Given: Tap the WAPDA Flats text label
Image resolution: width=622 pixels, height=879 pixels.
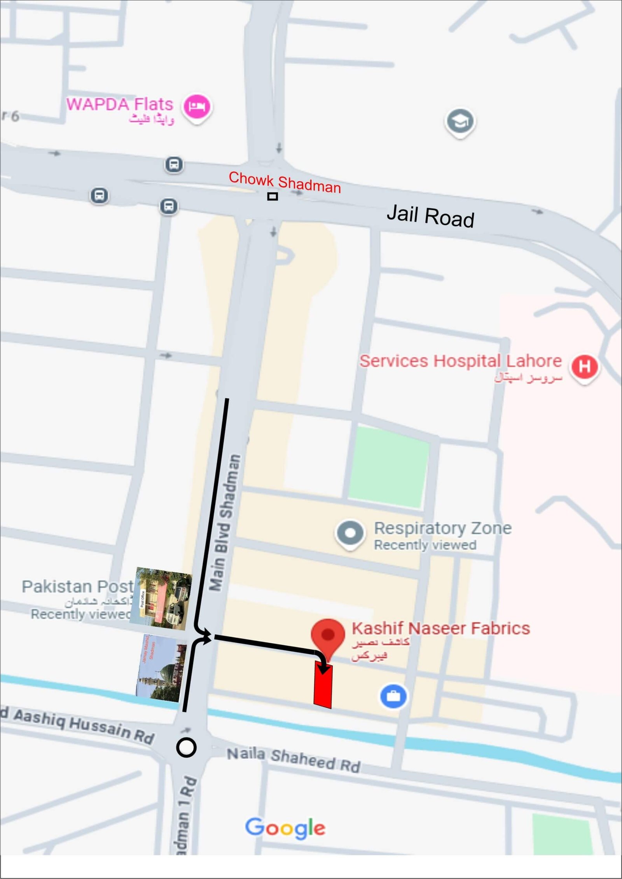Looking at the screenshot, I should [120, 104].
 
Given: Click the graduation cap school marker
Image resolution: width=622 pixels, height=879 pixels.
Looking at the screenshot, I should [460, 121].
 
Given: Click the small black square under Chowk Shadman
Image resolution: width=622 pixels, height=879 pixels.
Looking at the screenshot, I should [273, 196].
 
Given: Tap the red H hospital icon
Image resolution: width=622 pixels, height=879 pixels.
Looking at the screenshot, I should [584, 366].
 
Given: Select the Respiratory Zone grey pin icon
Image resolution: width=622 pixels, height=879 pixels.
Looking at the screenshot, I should [350, 533].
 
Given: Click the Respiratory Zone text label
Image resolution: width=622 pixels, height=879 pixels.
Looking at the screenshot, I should [443, 528].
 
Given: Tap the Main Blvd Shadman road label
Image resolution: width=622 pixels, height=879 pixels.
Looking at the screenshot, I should [225, 523].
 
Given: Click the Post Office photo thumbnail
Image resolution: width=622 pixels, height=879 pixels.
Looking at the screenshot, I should [161, 598].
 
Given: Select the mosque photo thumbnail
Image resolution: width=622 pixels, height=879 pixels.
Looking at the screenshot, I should [161, 668].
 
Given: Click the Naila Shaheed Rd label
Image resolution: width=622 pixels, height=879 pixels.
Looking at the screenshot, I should [294, 759].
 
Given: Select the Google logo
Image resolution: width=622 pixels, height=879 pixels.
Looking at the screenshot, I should [285, 828].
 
